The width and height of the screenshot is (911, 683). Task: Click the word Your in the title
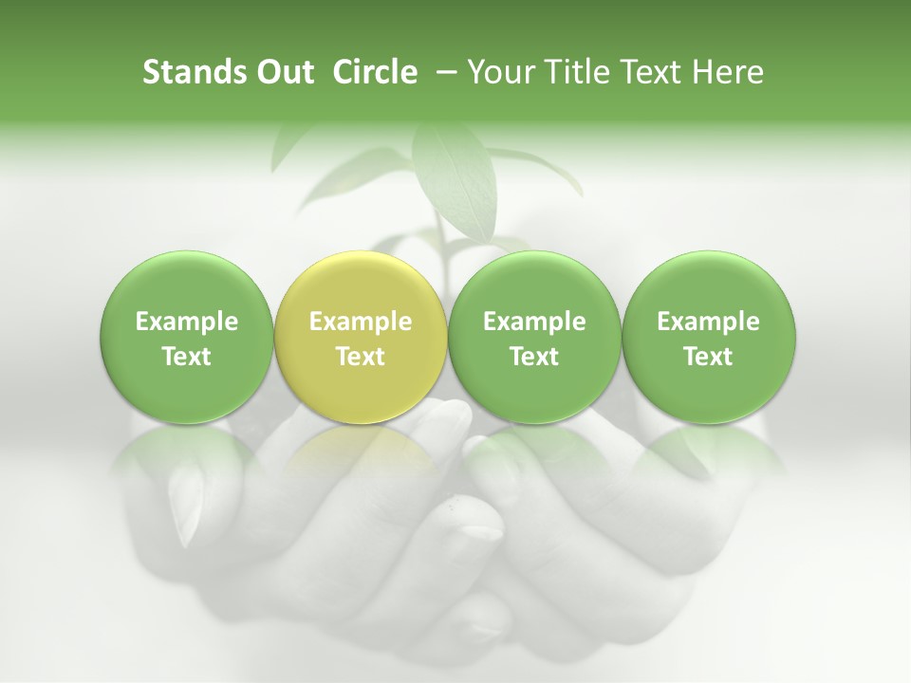500,72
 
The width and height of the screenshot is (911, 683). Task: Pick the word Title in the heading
574,72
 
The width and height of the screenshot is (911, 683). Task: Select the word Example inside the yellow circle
361,322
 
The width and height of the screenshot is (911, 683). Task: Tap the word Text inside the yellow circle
361,357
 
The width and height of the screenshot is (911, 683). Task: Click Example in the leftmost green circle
186,322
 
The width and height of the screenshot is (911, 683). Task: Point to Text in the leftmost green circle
186,357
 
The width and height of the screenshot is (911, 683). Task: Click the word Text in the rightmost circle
709,357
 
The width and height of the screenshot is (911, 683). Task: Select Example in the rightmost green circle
709,322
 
